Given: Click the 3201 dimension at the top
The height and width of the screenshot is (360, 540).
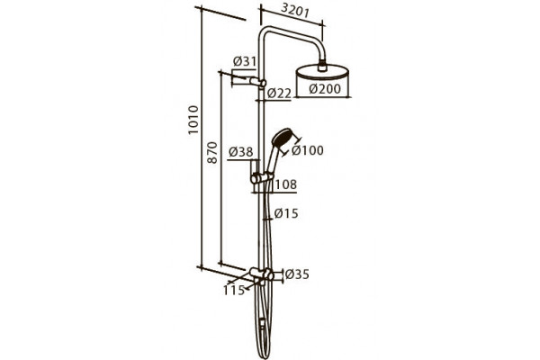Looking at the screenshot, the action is click(295, 12).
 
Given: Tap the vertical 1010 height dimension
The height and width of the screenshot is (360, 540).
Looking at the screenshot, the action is click(193, 120).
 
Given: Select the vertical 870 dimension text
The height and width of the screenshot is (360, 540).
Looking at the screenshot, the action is click(212, 152).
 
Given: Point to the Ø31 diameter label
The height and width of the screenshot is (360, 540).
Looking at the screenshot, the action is click(245, 61).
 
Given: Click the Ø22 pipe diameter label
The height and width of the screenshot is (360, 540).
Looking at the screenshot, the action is click(279, 93).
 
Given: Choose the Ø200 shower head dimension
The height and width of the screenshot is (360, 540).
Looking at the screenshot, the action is click(325, 88).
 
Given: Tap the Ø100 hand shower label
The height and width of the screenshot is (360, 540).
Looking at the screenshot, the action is click(308, 150).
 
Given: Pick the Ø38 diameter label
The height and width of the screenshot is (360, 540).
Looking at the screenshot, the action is click(241, 151).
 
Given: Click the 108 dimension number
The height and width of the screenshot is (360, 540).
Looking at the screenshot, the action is click(286, 184).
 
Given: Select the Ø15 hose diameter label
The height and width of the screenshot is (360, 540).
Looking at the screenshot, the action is click(286, 213).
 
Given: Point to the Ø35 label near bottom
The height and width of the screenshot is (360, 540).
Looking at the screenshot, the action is click(297, 274).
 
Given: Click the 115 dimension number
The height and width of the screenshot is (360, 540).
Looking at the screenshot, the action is click(234, 290).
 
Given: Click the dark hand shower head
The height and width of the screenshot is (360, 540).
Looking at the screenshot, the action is click(283, 137).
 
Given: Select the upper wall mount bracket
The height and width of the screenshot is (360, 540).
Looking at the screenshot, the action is click(258, 83).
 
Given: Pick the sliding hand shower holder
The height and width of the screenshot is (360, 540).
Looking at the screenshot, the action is click(262, 177).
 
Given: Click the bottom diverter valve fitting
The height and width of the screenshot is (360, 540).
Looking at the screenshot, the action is click(262, 274).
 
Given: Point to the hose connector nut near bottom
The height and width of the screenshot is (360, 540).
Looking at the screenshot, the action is click(263, 323).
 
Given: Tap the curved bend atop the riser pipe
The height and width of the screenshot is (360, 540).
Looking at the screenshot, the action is click(265, 33).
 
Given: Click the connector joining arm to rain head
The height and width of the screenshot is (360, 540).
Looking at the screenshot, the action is click(322, 66).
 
